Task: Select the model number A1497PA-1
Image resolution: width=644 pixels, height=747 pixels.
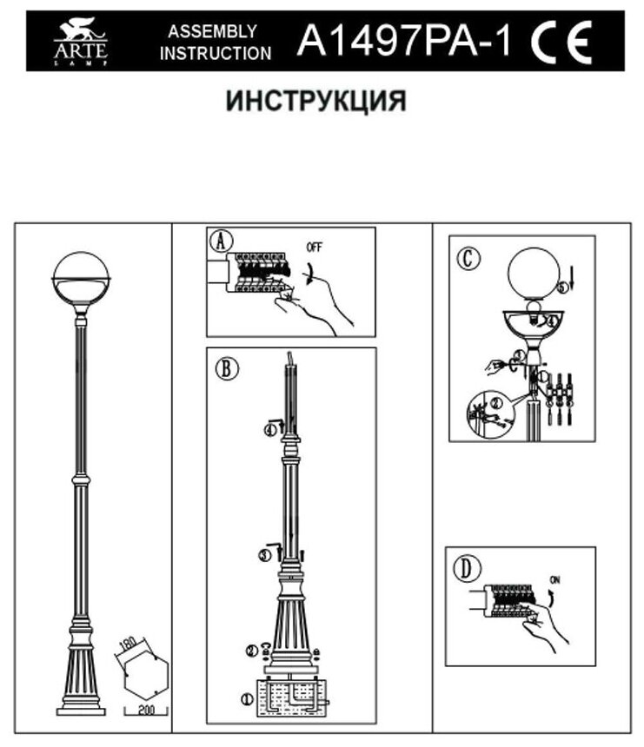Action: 405,40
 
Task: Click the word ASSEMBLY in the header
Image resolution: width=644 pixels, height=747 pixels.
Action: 212,31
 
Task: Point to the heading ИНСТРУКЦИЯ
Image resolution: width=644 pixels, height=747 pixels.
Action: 316,101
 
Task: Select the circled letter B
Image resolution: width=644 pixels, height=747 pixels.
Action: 223,367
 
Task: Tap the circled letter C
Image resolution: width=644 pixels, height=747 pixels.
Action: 468,258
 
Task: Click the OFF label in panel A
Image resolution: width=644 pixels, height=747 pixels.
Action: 314,247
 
